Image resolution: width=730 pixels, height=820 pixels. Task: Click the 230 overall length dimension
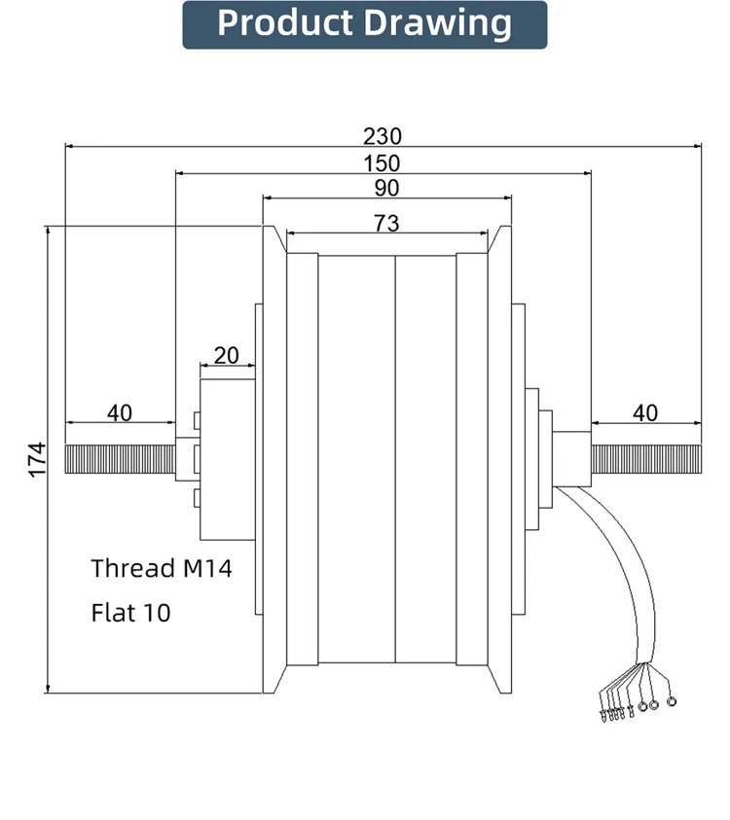(x=383, y=136)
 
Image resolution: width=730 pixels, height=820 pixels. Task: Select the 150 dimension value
(x=382, y=163)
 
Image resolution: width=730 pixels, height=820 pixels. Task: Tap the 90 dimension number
(x=386, y=189)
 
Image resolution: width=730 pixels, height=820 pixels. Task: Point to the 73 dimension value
(x=386, y=224)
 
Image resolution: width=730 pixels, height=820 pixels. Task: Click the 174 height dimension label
(x=38, y=460)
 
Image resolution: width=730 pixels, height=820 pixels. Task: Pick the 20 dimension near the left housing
(x=227, y=356)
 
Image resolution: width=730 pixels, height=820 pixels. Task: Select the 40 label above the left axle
(x=120, y=413)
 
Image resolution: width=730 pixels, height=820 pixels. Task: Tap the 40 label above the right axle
(x=645, y=413)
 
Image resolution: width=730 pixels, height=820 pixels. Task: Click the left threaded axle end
(x=121, y=459)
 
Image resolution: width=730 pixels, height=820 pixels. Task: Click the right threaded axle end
(x=646, y=459)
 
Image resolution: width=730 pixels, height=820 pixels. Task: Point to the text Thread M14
(x=162, y=568)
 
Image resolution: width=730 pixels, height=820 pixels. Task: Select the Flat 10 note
(x=130, y=613)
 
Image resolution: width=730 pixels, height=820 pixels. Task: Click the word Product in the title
(x=285, y=23)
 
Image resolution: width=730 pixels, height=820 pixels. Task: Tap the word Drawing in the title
(x=437, y=24)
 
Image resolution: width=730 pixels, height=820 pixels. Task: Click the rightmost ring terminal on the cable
(x=672, y=701)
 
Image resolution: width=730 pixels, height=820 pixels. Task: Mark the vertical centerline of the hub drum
(x=395, y=460)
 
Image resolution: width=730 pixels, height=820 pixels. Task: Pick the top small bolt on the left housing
(x=197, y=420)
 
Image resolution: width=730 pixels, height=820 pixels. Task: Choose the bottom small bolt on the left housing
(x=197, y=498)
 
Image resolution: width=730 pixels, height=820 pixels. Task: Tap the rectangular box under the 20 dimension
(x=228, y=459)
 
